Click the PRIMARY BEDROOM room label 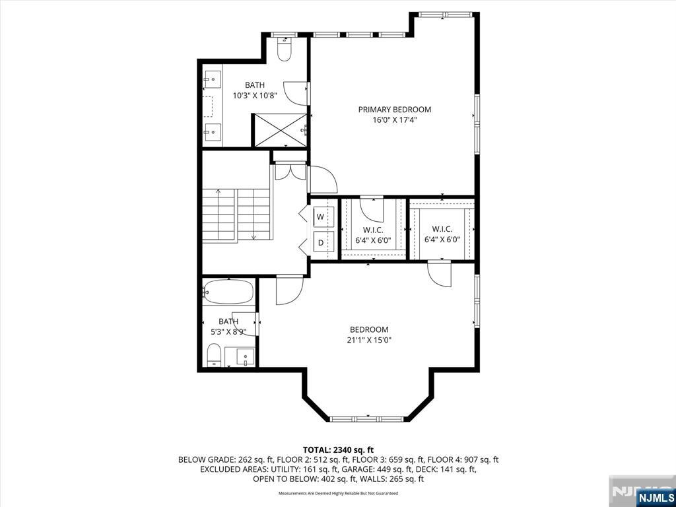tap(395, 110)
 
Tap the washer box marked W tap(320, 217)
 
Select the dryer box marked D tap(320, 242)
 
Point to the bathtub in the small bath tap(228, 292)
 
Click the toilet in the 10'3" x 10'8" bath tap(284, 48)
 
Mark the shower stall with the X tap(279, 130)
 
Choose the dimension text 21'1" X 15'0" tap(368, 340)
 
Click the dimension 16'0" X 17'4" tap(395, 120)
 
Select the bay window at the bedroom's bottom tap(367, 419)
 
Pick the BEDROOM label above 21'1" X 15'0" tap(368, 330)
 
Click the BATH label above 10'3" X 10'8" tap(255, 85)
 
